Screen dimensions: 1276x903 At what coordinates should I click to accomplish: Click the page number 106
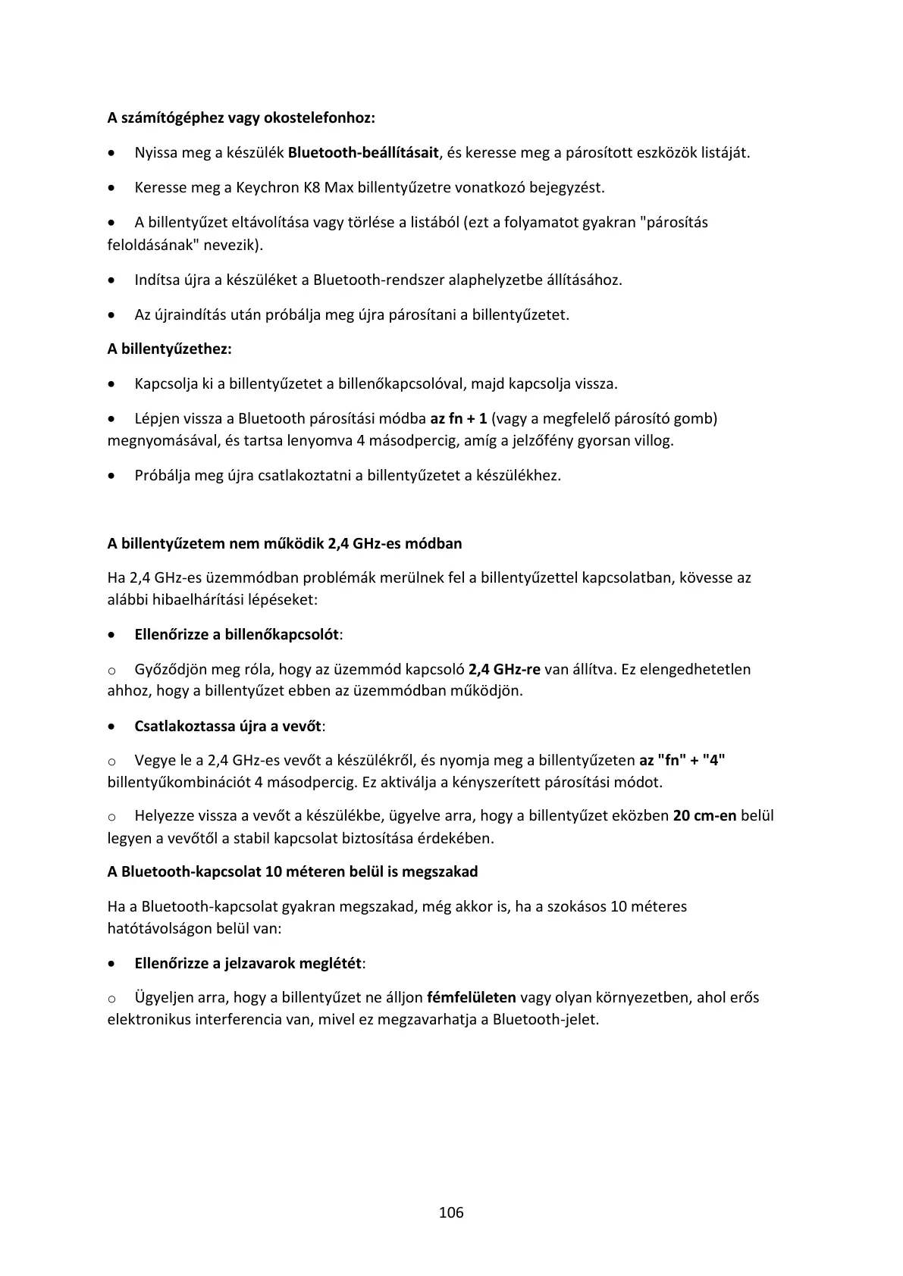[451, 1212]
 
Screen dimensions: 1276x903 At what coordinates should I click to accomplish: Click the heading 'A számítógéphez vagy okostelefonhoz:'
[241, 118]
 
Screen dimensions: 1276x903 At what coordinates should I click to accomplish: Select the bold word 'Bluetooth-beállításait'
[364, 152]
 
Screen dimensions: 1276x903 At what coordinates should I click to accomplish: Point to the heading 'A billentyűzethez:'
[169, 349]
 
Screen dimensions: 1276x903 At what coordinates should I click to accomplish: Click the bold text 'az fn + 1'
[459, 418]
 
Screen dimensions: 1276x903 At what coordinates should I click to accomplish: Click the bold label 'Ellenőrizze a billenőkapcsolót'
[237, 634]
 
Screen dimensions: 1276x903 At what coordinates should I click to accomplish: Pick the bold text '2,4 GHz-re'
[505, 669]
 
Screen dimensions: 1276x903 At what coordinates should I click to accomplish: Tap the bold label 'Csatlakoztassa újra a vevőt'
[228, 726]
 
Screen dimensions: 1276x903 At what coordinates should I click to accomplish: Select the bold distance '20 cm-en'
[704, 816]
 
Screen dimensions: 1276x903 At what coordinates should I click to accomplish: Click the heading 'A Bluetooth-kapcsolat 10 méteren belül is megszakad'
[293, 871]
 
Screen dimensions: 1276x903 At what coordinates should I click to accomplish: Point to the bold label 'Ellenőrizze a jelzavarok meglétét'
[248, 963]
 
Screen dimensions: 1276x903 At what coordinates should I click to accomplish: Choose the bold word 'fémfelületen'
[472, 997]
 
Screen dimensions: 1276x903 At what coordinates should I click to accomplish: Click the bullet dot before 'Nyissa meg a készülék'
[112, 153]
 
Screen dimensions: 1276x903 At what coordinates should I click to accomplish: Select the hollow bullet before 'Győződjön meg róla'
[111, 671]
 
